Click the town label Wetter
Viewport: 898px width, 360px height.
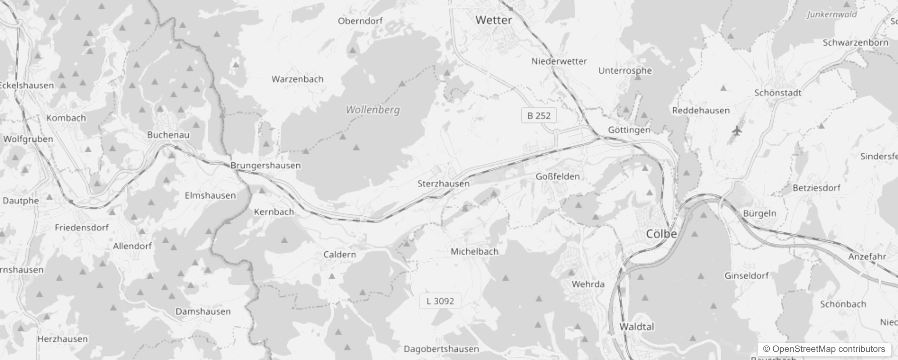(x=494, y=20)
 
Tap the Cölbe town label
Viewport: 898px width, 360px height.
(x=661, y=234)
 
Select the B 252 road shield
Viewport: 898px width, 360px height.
(x=539, y=116)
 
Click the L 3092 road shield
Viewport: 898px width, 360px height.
(x=440, y=301)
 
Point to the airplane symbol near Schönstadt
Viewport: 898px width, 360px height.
(x=736, y=131)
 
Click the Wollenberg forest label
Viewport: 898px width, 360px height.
(x=373, y=110)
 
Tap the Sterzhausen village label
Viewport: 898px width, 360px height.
(x=443, y=184)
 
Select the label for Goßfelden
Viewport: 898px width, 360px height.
(x=557, y=176)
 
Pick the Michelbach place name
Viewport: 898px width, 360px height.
(x=474, y=252)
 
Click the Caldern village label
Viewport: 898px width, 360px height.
(x=339, y=255)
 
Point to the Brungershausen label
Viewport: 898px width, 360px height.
(x=265, y=166)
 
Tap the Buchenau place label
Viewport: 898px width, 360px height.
(x=168, y=135)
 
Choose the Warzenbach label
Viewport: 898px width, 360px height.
(x=297, y=79)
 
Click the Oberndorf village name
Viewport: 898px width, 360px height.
(x=360, y=21)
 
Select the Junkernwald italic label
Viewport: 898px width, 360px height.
(x=831, y=14)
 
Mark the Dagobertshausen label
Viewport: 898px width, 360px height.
(x=441, y=349)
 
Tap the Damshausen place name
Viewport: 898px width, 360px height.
(x=203, y=311)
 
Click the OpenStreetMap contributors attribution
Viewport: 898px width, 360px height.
(x=824, y=349)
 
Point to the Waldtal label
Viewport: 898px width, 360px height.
(x=637, y=327)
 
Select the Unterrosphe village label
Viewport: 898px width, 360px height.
(x=625, y=71)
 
